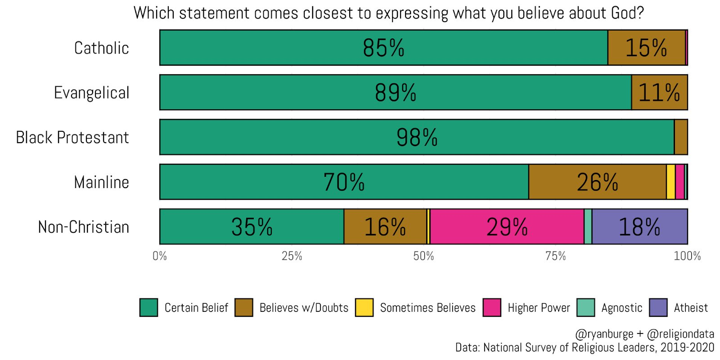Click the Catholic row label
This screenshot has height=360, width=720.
[101, 48]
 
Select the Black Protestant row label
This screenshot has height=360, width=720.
[72, 138]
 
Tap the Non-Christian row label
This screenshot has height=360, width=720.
[83, 227]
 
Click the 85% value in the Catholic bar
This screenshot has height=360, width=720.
[383, 48]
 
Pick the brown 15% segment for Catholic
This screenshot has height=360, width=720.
[646, 48]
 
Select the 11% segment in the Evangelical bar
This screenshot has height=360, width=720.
[659, 93]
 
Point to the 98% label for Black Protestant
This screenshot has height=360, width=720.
[417, 138]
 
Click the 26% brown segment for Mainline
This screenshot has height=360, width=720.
[597, 182]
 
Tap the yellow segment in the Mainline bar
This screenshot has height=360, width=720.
[670, 182]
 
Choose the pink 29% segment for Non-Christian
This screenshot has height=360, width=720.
[507, 227]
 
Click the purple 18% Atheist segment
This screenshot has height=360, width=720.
[639, 227]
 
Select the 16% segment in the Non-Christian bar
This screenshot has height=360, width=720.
[385, 227]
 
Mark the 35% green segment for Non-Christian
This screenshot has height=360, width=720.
[252, 227]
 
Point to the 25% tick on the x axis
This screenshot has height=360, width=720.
[292, 256]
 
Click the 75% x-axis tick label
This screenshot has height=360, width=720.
[555, 256]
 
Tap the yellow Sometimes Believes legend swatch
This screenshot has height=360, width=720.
[364, 308]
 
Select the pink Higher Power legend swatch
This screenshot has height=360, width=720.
[492, 308]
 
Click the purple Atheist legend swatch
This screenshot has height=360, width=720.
[658, 308]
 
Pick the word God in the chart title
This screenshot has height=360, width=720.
[627, 13]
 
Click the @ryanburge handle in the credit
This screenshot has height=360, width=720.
[604, 334]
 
